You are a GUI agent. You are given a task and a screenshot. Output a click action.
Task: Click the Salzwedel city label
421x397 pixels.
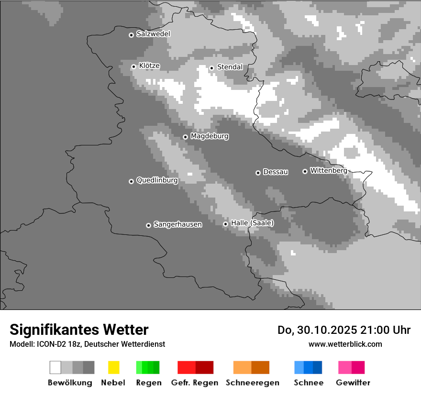(153, 34)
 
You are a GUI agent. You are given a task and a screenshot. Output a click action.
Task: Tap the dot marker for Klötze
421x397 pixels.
(133, 66)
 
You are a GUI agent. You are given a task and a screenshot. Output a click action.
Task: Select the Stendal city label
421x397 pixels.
(230, 67)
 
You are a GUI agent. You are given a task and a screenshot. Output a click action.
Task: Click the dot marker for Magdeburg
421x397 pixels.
(185, 137)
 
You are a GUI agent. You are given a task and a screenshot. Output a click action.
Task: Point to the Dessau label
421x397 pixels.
(276, 172)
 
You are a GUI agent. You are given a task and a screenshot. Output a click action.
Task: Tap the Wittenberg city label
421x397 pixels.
(329, 170)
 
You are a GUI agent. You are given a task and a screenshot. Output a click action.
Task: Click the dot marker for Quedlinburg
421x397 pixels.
(131, 181)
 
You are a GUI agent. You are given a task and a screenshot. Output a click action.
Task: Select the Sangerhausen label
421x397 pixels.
(177, 224)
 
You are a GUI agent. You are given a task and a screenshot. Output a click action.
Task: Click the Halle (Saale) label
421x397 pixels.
(252, 223)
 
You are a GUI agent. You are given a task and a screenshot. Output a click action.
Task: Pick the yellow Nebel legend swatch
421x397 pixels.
(113, 367)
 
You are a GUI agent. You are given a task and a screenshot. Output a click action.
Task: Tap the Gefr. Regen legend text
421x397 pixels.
(194, 383)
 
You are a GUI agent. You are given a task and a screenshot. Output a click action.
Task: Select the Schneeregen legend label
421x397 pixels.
(252, 383)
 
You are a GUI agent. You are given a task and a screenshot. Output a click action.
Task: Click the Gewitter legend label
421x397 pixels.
(353, 383)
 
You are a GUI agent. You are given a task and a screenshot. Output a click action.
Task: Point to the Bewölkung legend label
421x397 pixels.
(70, 383)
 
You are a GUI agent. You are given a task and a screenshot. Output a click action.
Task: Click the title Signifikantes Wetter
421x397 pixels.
(79, 330)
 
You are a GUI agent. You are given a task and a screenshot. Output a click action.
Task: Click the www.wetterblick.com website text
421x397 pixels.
(345, 344)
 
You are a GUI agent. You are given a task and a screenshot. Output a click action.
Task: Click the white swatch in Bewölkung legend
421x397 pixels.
(55, 367)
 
